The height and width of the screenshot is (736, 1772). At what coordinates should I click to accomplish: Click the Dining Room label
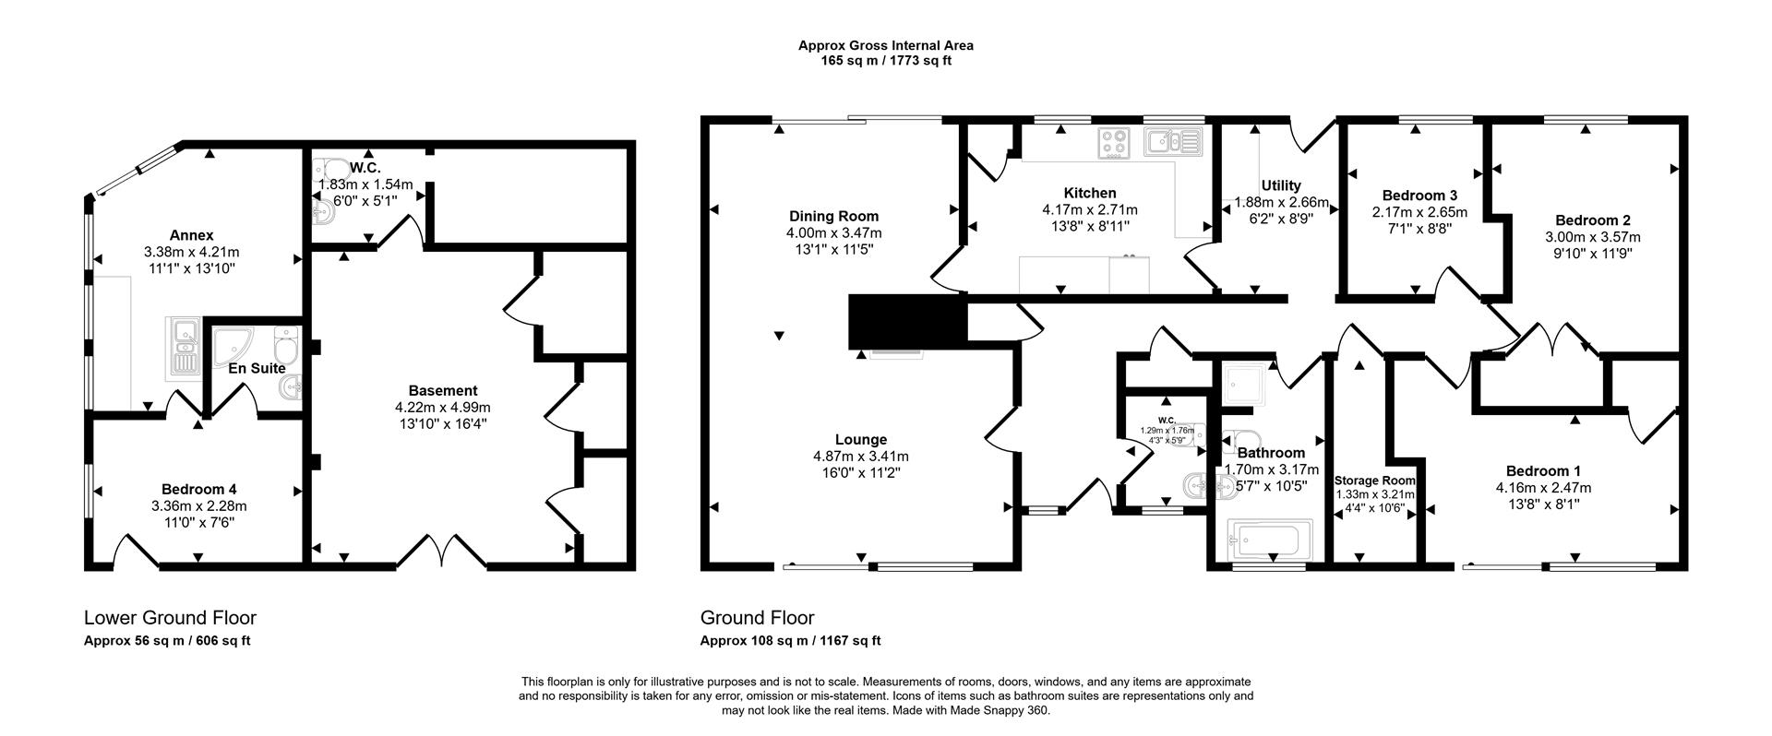click(x=833, y=217)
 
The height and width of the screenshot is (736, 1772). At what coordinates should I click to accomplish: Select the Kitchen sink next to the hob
click(x=1171, y=142)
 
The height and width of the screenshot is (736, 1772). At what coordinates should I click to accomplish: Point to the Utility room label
click(x=1281, y=185)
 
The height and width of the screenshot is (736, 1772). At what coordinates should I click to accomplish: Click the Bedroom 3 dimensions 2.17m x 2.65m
click(x=1419, y=212)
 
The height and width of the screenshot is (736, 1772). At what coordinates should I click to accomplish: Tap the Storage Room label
click(x=1375, y=481)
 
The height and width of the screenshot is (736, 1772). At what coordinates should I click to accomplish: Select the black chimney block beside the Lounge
click(x=906, y=322)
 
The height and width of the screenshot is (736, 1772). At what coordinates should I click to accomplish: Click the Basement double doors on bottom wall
click(x=442, y=553)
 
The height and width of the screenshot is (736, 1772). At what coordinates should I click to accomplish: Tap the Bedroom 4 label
click(x=198, y=489)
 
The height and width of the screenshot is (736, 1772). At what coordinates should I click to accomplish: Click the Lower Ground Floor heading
click(x=170, y=618)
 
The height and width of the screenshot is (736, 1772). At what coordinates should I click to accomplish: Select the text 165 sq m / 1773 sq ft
click(x=885, y=61)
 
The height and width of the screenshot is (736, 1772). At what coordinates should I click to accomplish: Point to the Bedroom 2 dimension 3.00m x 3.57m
click(x=1592, y=237)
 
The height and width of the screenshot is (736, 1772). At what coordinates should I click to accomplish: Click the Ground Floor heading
click(x=757, y=618)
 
